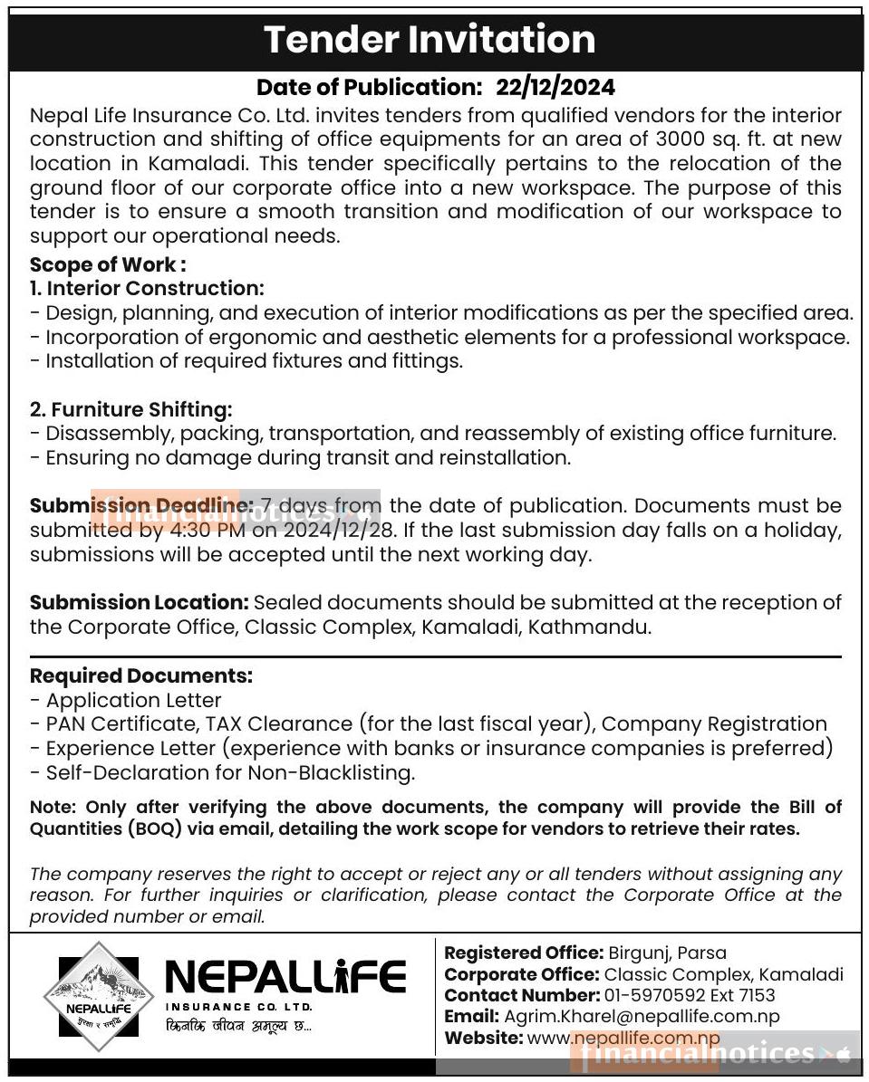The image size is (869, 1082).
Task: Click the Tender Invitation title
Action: (430, 40)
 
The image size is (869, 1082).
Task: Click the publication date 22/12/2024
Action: (555, 87)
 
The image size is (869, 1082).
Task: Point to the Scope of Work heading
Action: (108, 264)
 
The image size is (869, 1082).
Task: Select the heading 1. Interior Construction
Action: (147, 288)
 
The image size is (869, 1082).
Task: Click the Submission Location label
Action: (139, 602)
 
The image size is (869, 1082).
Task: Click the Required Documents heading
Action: (141, 675)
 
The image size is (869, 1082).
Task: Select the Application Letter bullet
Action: (133, 700)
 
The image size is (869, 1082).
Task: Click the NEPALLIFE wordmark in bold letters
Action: (285, 977)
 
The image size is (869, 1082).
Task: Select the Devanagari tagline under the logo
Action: (237, 1027)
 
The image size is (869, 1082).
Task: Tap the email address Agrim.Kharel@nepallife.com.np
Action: (642, 1017)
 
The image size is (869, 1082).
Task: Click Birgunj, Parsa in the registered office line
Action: (667, 953)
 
